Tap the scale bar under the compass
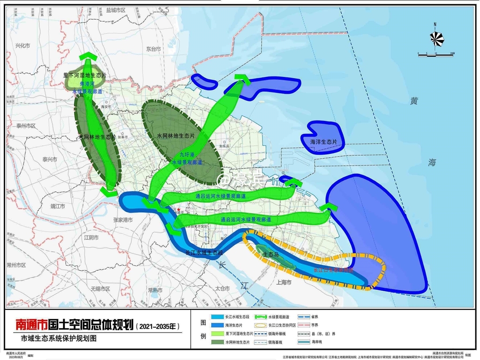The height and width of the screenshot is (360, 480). pos(435,55)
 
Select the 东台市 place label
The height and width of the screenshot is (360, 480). pos(153,49)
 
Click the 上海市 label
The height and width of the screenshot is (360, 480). pos(284,282)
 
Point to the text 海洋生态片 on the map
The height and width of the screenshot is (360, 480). pos(327,142)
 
